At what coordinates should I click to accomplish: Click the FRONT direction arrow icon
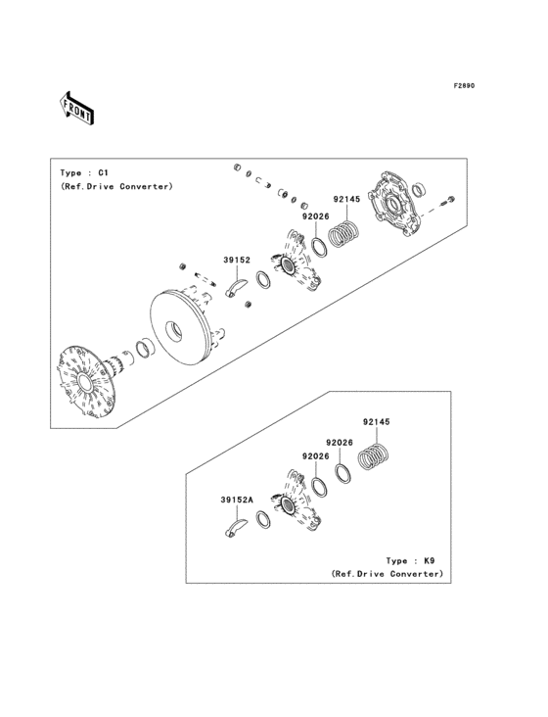(x=77, y=107)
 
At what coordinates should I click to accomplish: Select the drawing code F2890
(x=463, y=86)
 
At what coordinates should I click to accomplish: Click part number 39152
(x=237, y=261)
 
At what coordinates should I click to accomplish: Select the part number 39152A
(x=236, y=500)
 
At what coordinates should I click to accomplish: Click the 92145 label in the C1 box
(x=346, y=199)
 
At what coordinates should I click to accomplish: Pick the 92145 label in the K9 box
(x=376, y=422)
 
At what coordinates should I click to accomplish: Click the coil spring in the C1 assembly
(x=344, y=236)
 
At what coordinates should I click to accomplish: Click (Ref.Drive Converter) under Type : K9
(x=387, y=574)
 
